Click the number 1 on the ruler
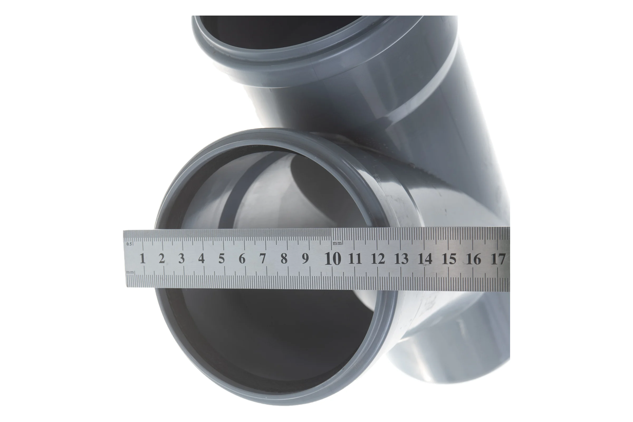(143, 258)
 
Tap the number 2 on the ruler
(161, 258)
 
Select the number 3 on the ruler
(181, 258)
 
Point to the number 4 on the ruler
(201, 258)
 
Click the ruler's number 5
(222, 258)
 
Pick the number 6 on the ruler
(242, 259)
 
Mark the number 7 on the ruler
(263, 259)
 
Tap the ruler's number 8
(284, 259)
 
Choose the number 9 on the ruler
(305, 259)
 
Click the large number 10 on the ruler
(333, 259)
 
